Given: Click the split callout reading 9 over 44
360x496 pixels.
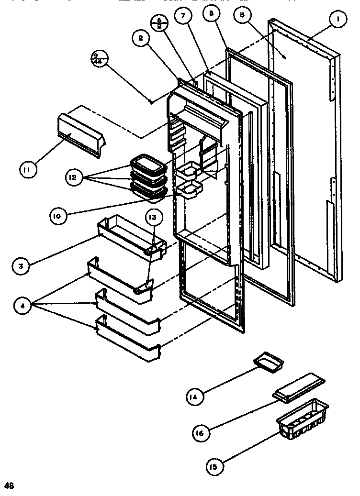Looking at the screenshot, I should [x=100, y=60].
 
